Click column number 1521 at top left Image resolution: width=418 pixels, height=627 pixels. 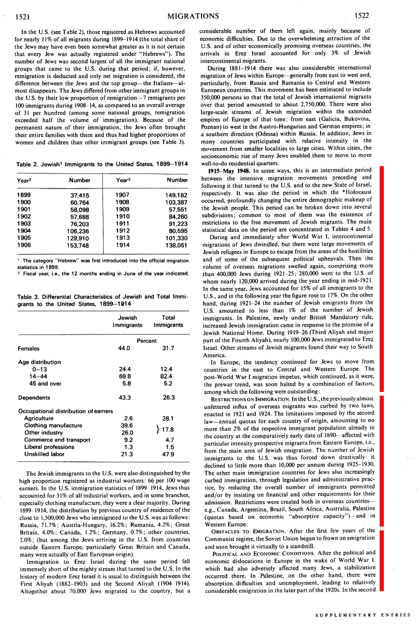coord(20,17)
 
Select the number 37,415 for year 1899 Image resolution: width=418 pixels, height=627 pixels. coord(79,195)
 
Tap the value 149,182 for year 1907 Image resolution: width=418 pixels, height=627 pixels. coord(177,195)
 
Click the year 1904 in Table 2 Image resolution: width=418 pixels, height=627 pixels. coord(24,230)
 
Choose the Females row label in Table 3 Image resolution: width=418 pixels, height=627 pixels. coord(30,348)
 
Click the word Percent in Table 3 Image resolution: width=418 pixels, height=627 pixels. coord(147,341)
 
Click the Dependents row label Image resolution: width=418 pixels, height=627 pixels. coord(34,398)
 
